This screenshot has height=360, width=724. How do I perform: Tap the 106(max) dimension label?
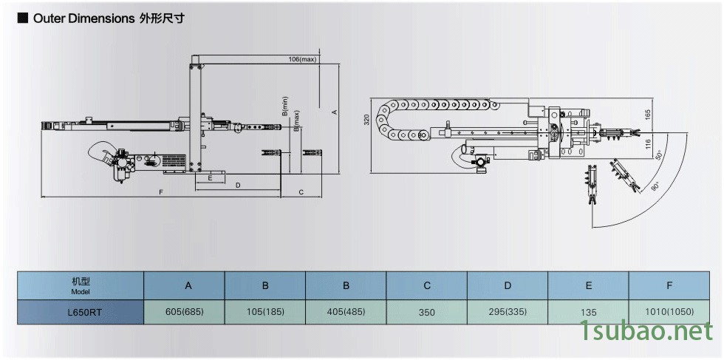302,59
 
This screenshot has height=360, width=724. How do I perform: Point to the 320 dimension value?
366,120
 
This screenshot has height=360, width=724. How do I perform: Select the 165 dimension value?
647,115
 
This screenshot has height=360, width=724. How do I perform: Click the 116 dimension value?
647,145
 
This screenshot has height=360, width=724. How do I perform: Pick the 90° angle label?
655,188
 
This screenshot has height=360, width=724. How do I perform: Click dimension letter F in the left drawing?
161,192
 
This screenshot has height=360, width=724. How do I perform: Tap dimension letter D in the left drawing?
238,185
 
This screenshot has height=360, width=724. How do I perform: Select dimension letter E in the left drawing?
211,178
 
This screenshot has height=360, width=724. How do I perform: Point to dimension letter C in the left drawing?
301,192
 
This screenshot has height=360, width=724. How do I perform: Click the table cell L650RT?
81,312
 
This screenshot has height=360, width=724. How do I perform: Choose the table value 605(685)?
184,311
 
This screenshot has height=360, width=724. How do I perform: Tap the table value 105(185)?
264,311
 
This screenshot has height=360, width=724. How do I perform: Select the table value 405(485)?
345,311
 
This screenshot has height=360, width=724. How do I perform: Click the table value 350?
426,312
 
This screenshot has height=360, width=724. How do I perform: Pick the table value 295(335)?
508,311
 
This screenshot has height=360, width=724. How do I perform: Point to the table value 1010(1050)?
669,311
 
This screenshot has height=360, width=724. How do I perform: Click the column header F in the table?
669,285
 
